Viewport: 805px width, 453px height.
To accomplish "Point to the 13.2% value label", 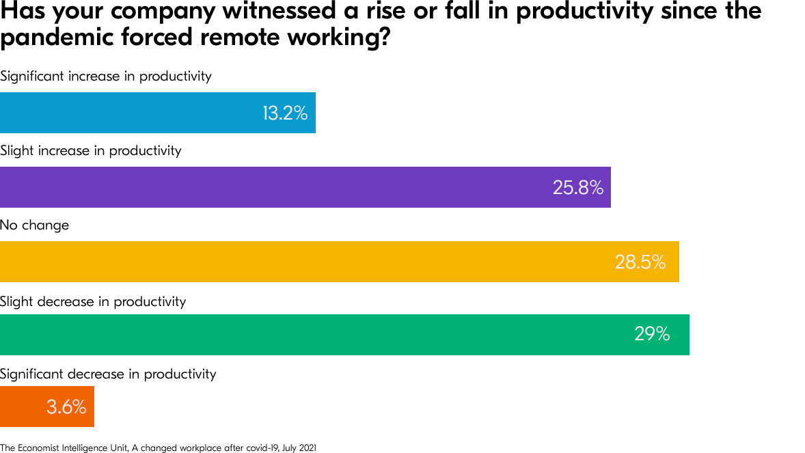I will click(285, 113).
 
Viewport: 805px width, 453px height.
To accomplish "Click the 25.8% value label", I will click(578, 188).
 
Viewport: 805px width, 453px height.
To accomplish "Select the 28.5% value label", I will click(640, 262).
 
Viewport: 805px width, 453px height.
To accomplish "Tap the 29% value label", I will click(652, 334).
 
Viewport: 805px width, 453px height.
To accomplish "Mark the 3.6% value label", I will click(66, 408).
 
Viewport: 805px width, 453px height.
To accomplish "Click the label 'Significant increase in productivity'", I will click(106, 77).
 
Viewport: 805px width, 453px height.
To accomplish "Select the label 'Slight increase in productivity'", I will click(91, 150).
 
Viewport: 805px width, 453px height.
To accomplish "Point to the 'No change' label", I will click(35, 225).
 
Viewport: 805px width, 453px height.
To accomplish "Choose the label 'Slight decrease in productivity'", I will click(93, 301).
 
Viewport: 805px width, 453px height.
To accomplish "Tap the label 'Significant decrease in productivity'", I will click(108, 374).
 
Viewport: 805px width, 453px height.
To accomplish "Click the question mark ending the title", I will click(384, 38).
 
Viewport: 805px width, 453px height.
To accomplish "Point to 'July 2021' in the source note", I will click(299, 448).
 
